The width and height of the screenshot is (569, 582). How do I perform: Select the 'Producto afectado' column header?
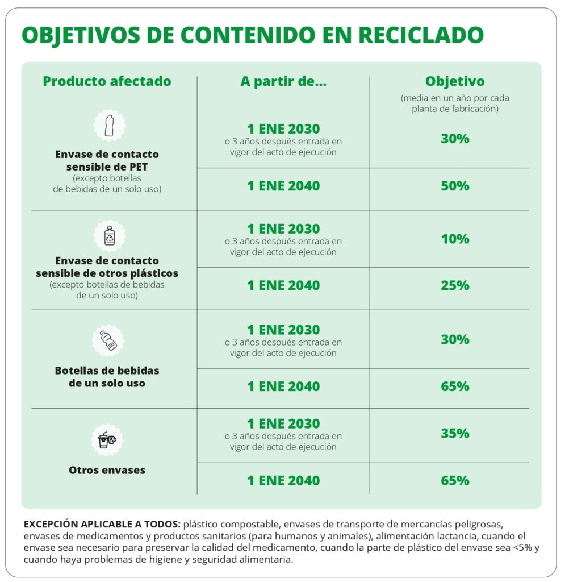pyautogui.click(x=107, y=81)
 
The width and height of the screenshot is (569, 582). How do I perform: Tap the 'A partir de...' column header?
pyautogui.click(x=283, y=81)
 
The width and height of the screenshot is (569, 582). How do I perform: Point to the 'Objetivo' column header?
pyautogui.click(x=455, y=81)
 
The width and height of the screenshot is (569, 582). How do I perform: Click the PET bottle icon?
pyautogui.click(x=108, y=126)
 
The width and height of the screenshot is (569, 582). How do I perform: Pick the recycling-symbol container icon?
pyautogui.click(x=108, y=236)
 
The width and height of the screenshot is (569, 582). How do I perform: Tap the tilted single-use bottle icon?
pyautogui.click(x=108, y=340)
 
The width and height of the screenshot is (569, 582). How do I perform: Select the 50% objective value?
pyautogui.click(x=455, y=186)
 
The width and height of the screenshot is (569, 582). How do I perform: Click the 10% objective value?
pyautogui.click(x=455, y=239)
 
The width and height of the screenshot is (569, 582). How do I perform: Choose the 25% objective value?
pyautogui.click(x=455, y=285)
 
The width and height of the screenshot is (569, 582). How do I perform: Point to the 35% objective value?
pyautogui.click(x=455, y=434)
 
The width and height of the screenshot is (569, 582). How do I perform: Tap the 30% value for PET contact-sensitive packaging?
pyautogui.click(x=455, y=138)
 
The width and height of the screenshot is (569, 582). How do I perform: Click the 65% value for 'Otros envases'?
pyautogui.click(x=455, y=480)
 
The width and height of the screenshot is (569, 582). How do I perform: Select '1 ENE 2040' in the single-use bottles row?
pyautogui.click(x=283, y=386)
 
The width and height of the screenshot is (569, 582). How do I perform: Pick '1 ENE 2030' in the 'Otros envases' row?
pyautogui.click(x=283, y=424)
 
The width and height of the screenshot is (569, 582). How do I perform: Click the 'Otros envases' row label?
pyautogui.click(x=107, y=470)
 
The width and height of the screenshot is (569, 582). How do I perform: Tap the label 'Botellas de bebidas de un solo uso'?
pyautogui.click(x=107, y=377)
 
